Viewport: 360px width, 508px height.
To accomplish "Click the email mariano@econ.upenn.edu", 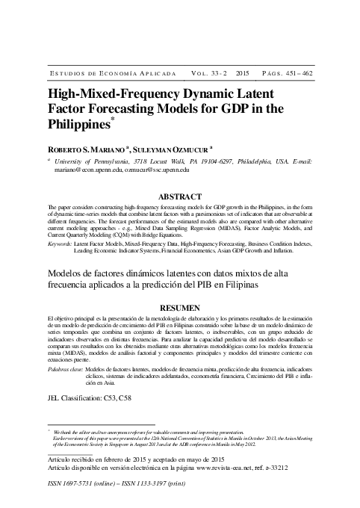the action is coord(90,170).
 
